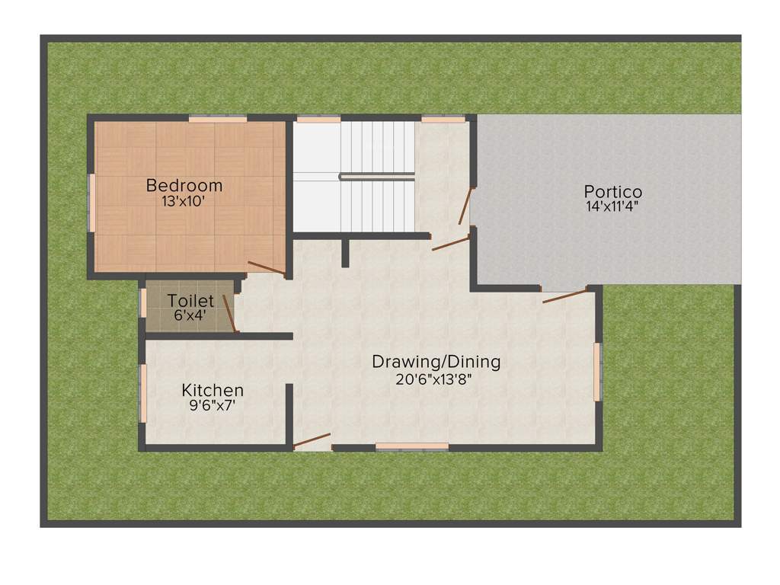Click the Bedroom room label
pyautogui.click(x=184, y=185)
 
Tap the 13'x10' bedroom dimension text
pyautogui.click(x=184, y=202)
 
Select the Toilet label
pyautogui.click(x=190, y=301)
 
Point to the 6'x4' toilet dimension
pyautogui.click(x=190, y=315)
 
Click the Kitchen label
pyautogui.click(x=213, y=390)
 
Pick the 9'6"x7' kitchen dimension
pyautogui.click(x=213, y=406)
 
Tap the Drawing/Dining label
pyautogui.click(x=436, y=362)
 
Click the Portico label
pyautogui.click(x=612, y=192)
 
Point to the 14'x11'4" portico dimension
pyautogui.click(x=612, y=206)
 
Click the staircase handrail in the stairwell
pyautogui.click(x=376, y=176)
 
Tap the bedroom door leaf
pyautogui.click(x=267, y=268)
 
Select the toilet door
pyautogui.click(x=229, y=314)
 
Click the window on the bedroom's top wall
pyautogui.click(x=218, y=119)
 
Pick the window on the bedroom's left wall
pyautogui.click(x=91, y=202)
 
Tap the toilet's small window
pyautogui.click(x=142, y=302)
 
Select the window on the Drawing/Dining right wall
pyautogui.click(x=597, y=372)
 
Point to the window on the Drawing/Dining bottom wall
pyautogui.click(x=412, y=446)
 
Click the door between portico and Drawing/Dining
pyautogui.click(x=565, y=296)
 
